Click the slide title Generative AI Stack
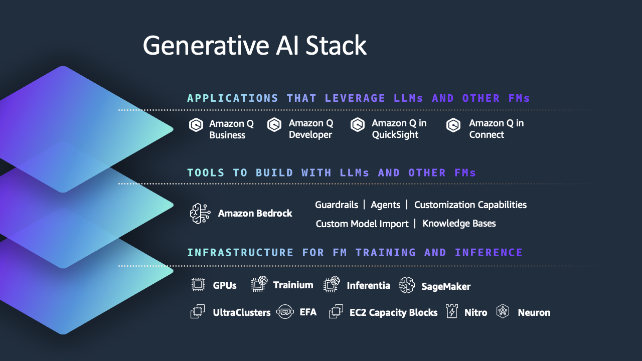[254, 46]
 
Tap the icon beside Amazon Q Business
[196, 125]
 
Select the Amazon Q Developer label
[310, 129]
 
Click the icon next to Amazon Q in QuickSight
[358, 125]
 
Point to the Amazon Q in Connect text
[496, 129]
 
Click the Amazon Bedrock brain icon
[200, 214]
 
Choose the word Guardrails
[336, 205]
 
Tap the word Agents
[385, 205]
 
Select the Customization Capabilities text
[470, 205]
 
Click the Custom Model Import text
[362, 224]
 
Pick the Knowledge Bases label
[459, 223]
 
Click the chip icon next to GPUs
[198, 285]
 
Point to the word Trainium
[293, 285]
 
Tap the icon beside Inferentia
[332, 285]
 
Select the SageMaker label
[445, 286]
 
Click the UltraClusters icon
[198, 312]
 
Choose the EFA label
[308, 312]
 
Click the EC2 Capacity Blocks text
[393, 312]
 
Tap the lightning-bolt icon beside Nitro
[452, 312]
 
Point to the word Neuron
[534, 312]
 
